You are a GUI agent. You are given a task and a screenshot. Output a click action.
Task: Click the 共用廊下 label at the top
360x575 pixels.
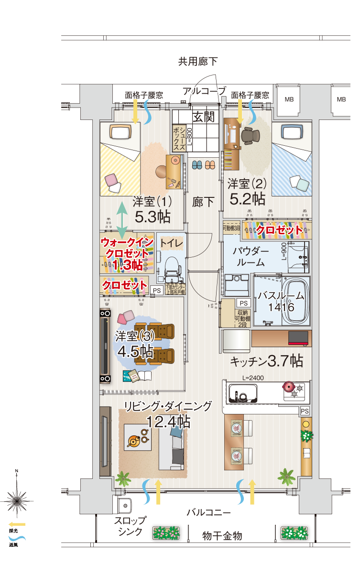197,61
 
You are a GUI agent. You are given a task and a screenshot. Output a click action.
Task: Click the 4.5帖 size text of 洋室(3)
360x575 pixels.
135,351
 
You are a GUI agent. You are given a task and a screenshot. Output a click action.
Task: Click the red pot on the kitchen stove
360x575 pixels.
289,386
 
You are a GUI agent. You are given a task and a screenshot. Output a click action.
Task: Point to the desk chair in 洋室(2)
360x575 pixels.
249,135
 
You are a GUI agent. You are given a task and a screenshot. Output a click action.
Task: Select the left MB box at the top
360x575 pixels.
288,100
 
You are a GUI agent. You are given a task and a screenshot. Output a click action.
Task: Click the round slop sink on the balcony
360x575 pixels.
125,505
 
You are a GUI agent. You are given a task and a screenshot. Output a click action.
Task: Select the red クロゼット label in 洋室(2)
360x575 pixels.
279,230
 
